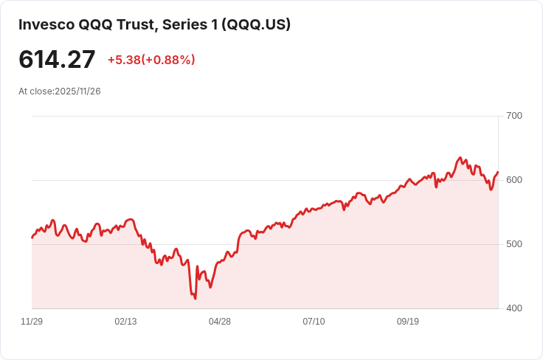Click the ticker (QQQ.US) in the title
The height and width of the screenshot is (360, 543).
point(258,24)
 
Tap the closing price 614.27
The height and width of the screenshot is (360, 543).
point(57,60)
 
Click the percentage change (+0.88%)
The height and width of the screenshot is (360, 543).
point(168,60)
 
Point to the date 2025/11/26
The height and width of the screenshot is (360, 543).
point(77,91)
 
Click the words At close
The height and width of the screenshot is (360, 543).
point(35,91)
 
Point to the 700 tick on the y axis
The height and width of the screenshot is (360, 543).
point(513,116)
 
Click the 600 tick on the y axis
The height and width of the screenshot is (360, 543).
point(513,180)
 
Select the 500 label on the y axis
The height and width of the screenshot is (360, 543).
point(513,244)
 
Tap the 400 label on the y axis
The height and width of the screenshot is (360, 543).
point(513,308)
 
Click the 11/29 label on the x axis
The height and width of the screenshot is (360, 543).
point(32,322)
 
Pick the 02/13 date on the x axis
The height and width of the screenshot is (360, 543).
point(125,322)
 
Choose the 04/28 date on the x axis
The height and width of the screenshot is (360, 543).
point(220,322)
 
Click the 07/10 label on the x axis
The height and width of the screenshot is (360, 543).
point(314,322)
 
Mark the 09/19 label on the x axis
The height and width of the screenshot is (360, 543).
point(408,322)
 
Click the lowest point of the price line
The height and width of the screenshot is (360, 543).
point(195,298)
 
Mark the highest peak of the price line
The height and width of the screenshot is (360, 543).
point(460,157)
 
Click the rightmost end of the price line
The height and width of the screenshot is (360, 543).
point(498,172)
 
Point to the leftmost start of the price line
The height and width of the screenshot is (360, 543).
point(32,238)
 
